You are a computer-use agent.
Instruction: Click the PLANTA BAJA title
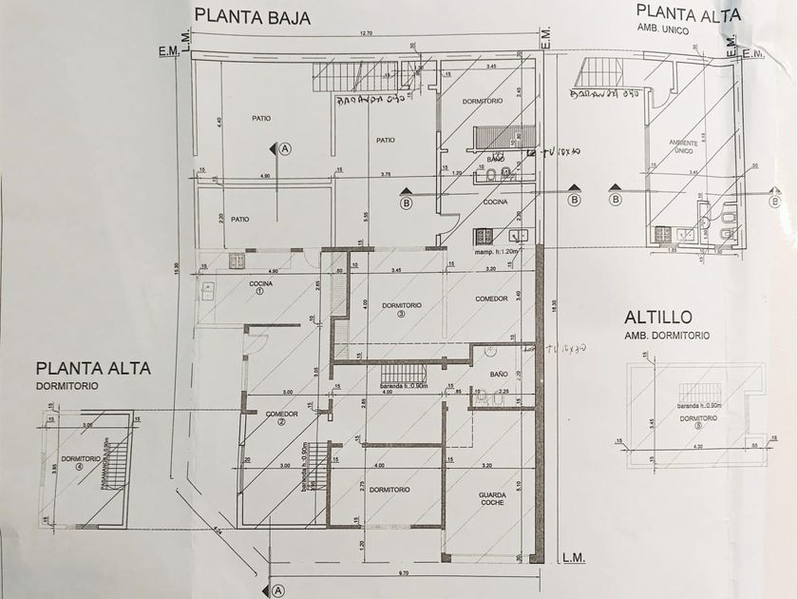click(252, 15)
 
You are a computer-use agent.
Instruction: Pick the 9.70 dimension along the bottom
click(404, 573)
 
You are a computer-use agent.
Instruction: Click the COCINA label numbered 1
click(261, 286)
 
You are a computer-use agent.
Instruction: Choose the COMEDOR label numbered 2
click(282, 416)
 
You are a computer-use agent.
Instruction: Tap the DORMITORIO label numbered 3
click(402, 308)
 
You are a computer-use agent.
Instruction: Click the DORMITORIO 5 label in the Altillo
click(698, 419)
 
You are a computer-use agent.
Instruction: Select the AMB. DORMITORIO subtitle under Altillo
click(667, 336)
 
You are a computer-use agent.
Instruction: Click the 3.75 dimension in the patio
click(385, 175)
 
